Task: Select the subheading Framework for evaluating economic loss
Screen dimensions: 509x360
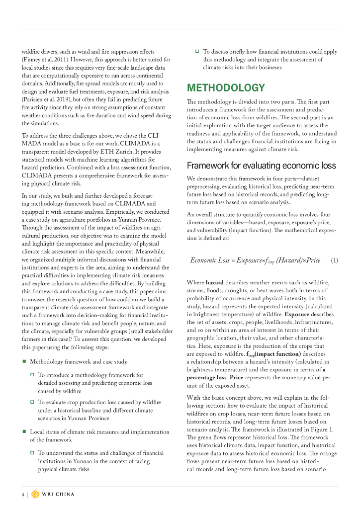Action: (261, 166)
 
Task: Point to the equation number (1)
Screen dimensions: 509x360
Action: (335, 260)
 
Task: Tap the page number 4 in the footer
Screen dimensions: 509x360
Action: (22, 494)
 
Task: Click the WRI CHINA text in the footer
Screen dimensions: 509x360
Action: (58, 494)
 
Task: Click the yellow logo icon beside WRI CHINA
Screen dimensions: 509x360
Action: (35, 494)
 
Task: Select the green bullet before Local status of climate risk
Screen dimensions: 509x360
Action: (24, 431)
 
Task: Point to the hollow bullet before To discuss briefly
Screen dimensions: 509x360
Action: (197, 51)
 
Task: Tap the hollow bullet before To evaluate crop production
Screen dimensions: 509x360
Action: (32, 402)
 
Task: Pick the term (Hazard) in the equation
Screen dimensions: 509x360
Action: (288, 260)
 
